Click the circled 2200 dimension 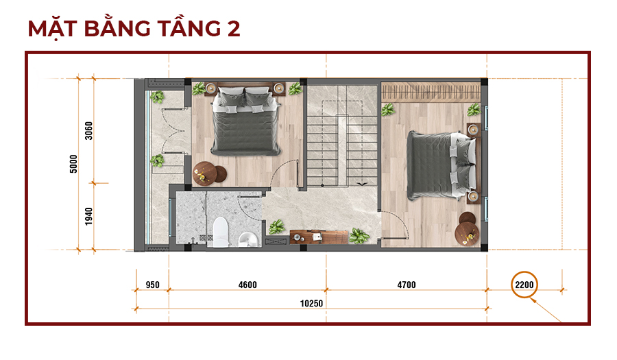524,285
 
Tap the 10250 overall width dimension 311,303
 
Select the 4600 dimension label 247,285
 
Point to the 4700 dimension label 407,285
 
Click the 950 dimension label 152,285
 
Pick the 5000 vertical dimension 73,164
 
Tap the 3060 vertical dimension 88,130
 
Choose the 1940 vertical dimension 88,217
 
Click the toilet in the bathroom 220,232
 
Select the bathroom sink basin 248,239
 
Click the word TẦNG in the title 189,29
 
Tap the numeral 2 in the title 234,29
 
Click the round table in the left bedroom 204,173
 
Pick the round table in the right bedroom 467,234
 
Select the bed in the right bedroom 441,165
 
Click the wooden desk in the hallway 319,237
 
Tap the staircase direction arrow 362,184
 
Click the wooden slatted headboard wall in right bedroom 431,93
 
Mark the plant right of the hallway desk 359,236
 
